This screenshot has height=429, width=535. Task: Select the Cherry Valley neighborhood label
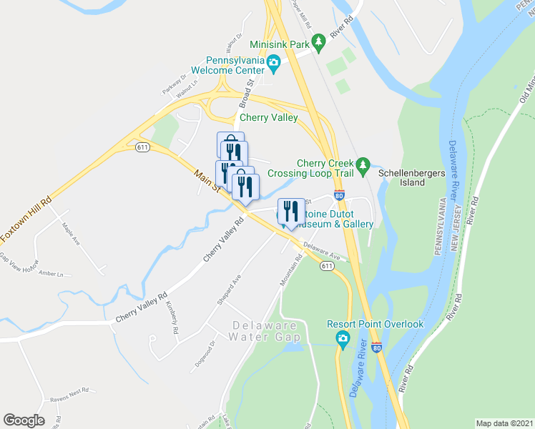268,118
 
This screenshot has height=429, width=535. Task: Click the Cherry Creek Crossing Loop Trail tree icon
363,164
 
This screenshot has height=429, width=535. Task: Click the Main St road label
206,179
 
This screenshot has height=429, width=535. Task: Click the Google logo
24,420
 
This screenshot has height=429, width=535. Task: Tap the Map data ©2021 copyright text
504,423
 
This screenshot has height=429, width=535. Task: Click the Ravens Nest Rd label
68,391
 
